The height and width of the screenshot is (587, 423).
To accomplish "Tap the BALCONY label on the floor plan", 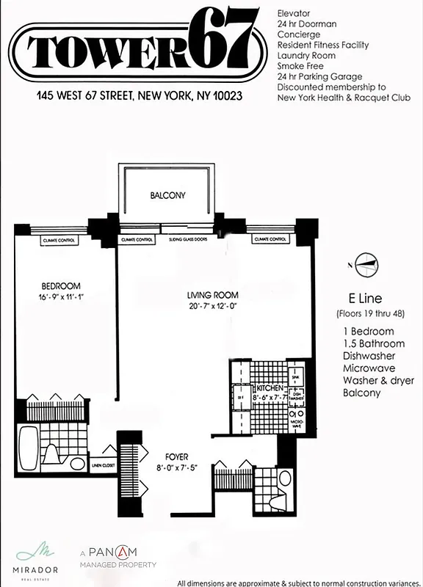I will coord(167,196).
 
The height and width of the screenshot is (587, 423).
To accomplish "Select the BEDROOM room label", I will coord(61,285).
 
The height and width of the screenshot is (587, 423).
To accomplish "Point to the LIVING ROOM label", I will coord(211,296).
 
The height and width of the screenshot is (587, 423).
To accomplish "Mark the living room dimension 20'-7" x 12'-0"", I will coord(211,307).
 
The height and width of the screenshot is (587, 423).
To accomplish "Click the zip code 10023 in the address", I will coord(227,95).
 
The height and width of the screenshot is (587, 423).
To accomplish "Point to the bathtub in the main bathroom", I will coord(28,448).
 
